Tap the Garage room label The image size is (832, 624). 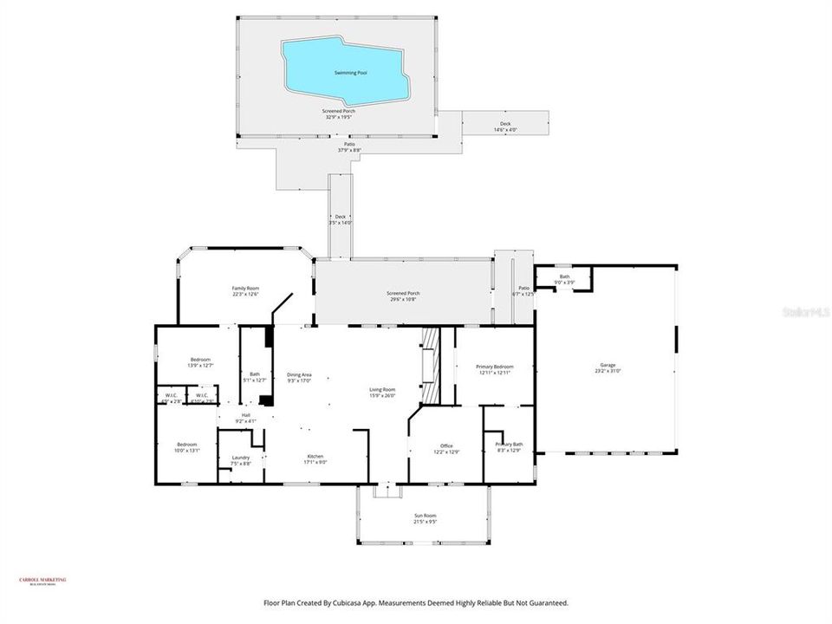(604, 368)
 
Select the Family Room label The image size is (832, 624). (245, 291)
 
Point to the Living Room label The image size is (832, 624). (382, 393)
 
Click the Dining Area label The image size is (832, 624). (299, 378)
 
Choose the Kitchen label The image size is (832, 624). (315, 459)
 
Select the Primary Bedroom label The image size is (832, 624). (494, 370)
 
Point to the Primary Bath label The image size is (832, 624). (508, 447)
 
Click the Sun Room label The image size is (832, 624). (425, 519)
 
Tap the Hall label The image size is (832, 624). (245, 419)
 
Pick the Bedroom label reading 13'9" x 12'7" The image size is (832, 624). (200, 362)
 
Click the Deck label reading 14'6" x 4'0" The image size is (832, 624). (505, 127)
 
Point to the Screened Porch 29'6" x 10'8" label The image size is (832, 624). (402, 296)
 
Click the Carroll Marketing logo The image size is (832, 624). (42, 582)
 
